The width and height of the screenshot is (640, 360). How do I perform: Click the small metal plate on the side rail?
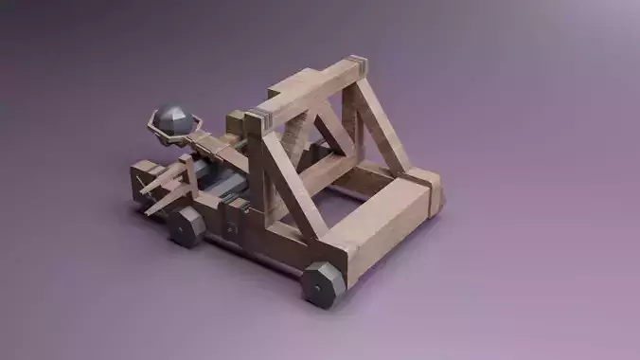(230, 226)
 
